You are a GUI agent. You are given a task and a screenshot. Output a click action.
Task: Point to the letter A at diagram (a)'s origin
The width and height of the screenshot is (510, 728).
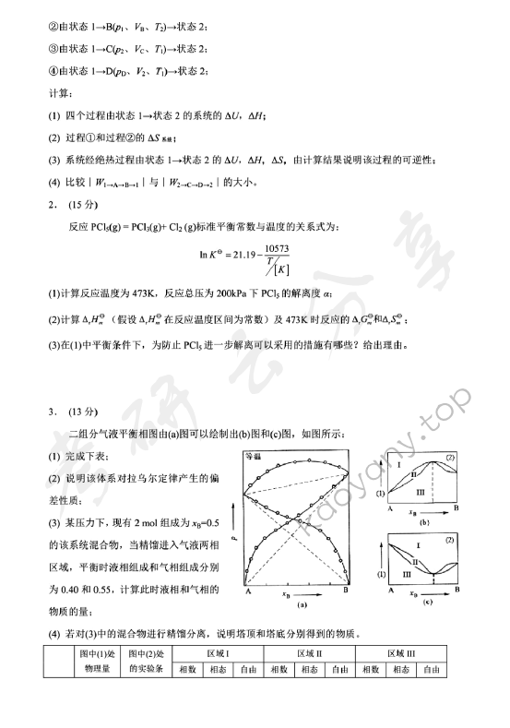(249, 591)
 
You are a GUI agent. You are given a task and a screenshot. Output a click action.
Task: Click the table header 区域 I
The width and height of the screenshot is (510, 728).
(219, 652)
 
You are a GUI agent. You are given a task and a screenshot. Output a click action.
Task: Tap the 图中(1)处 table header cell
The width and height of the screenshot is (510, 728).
(98, 652)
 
